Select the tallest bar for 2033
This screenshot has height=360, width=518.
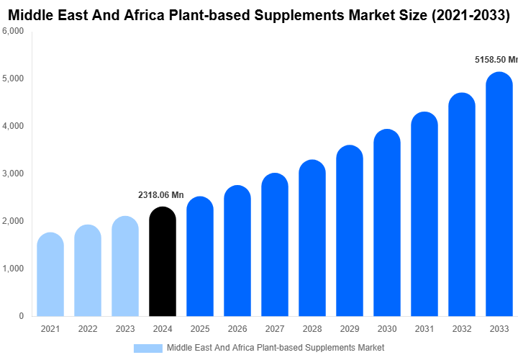pos(499,194)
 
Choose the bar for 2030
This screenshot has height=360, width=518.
pos(387,222)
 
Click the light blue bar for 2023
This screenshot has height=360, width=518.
pos(125,266)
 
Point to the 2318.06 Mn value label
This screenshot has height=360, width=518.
pos(161,195)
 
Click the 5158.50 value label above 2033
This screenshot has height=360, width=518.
pos(496,60)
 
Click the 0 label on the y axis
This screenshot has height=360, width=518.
pos(21,316)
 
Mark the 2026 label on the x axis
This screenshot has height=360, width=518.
pos(237,329)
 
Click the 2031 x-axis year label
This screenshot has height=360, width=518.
pos(424,329)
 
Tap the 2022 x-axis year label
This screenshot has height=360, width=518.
pos(88,329)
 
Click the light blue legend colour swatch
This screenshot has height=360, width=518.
pos(148,348)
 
